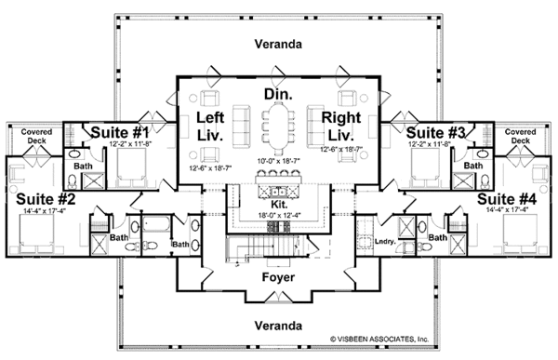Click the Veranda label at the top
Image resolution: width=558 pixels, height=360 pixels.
[x=279, y=44]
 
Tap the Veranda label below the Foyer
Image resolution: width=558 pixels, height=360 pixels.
[x=279, y=326]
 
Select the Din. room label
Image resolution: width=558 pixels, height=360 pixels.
[x=279, y=95]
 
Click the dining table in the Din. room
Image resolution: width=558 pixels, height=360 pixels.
[x=279, y=127]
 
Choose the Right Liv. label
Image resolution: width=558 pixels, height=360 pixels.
[x=342, y=125]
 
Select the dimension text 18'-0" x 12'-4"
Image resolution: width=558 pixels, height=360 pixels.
[x=279, y=217]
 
